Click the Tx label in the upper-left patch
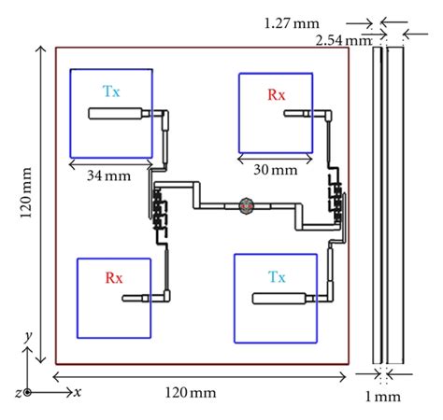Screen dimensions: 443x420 click(x=111, y=91)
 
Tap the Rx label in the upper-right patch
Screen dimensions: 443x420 click(x=277, y=94)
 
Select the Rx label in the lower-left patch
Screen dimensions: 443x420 click(x=114, y=277)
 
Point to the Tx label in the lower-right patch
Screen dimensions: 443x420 click(x=277, y=276)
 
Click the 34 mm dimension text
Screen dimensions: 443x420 click(x=108, y=175)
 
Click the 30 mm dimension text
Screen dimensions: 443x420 click(x=276, y=170)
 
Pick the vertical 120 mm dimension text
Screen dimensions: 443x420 click(x=25, y=193)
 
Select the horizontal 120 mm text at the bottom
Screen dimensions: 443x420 click(x=191, y=392)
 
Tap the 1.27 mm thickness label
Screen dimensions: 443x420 click(x=292, y=23)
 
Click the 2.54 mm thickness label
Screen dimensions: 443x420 click(x=344, y=40)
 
